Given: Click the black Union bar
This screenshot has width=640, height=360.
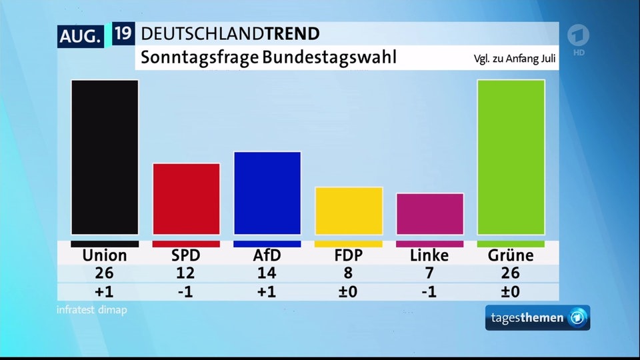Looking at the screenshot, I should (105, 157).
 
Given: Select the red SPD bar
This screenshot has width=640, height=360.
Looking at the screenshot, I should (186, 199).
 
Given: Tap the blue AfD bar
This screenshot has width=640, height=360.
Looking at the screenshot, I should (267, 193).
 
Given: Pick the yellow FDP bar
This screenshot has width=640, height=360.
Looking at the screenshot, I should (349, 211).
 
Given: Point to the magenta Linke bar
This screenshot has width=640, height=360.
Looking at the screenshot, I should (430, 214).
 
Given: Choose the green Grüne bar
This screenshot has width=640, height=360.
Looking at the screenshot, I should (511, 157).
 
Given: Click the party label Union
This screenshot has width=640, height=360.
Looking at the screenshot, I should (105, 255).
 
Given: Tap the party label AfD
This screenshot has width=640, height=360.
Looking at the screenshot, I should (267, 255).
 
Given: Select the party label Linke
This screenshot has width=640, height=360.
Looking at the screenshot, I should (429, 255).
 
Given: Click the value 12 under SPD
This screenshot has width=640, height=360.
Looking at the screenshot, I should (186, 273).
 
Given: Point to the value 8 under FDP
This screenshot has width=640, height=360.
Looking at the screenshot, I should (349, 273).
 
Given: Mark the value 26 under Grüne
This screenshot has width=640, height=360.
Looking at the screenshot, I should (511, 273).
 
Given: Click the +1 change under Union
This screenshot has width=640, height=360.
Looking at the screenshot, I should (105, 292).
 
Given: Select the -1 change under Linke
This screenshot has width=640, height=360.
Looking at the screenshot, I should (429, 292).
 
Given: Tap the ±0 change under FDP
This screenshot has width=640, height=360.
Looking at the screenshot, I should (349, 292).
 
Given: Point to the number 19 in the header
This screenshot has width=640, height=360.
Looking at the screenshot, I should (123, 34).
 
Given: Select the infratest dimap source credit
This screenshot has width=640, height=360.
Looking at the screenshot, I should (92, 310).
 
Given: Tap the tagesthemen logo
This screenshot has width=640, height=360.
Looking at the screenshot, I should (537, 318).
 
